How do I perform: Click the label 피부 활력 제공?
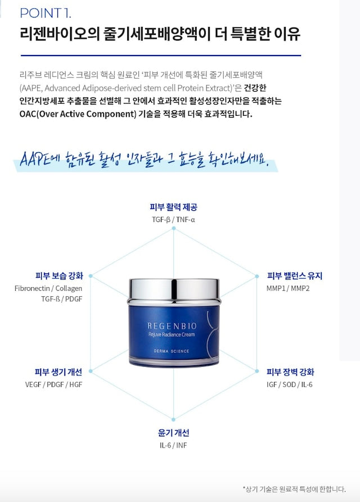point(173,207)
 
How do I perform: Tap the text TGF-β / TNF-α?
point(173,219)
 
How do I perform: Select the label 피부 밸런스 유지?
point(294,276)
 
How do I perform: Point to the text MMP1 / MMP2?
point(288,288)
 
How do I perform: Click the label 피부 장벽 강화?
point(290,372)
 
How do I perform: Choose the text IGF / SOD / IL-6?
point(289,385)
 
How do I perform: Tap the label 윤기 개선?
point(173,433)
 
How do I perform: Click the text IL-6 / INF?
point(173,445)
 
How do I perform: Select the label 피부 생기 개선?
point(58,372)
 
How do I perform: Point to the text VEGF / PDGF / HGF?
point(53,385)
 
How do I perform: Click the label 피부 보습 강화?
point(59,276)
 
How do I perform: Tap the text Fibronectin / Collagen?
point(48,288)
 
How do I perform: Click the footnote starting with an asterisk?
point(294,489)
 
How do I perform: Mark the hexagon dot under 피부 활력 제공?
point(173,228)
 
